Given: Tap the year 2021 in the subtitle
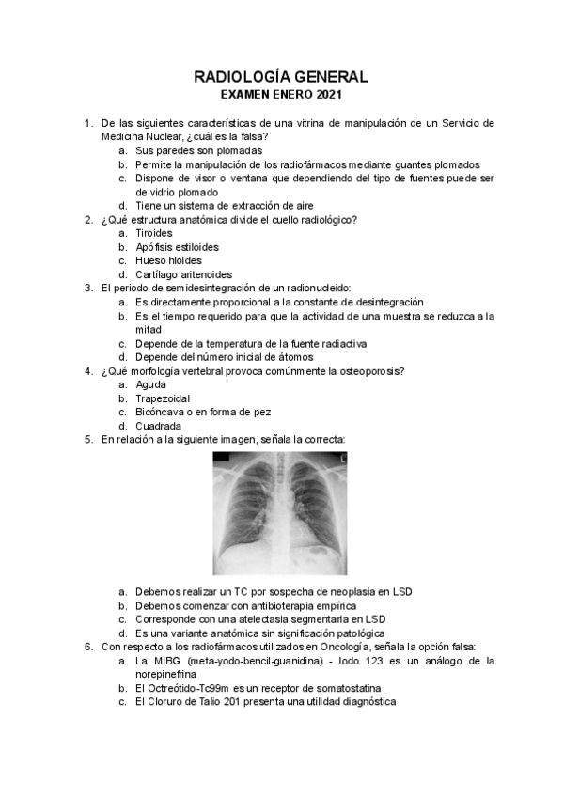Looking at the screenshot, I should [327, 95].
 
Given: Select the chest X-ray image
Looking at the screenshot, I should [282, 512].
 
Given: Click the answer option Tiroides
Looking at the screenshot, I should [154, 232].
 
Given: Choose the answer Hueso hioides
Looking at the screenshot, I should [168, 260].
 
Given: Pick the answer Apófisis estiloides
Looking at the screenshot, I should [177, 246].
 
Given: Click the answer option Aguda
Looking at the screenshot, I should [151, 384].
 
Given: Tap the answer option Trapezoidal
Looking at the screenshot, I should [164, 398].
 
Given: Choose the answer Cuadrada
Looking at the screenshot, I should [160, 426].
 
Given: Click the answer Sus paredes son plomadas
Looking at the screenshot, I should [198, 150].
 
